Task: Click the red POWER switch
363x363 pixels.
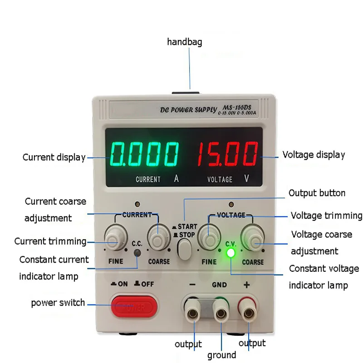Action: coord(134,306)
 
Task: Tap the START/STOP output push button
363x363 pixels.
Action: coord(185,249)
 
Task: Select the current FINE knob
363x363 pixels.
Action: coord(116,237)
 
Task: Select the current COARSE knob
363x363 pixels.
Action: coord(159,238)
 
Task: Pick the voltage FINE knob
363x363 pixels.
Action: coord(209,237)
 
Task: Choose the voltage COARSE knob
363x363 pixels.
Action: coord(253,238)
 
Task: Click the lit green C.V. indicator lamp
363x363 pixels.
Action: coord(231,253)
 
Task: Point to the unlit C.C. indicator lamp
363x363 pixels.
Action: coord(137,253)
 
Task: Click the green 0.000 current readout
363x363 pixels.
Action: coord(144,154)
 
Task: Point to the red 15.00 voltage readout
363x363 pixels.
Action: coord(228,154)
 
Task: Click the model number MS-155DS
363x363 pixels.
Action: coord(236,107)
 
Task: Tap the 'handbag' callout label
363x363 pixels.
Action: coord(185,42)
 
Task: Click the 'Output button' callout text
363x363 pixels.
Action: coord(317,193)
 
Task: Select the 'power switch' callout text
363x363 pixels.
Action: coord(58,303)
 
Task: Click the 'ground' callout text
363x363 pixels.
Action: coord(221,355)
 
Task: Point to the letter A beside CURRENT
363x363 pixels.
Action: coord(177,178)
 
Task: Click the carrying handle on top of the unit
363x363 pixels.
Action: coord(186,93)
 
